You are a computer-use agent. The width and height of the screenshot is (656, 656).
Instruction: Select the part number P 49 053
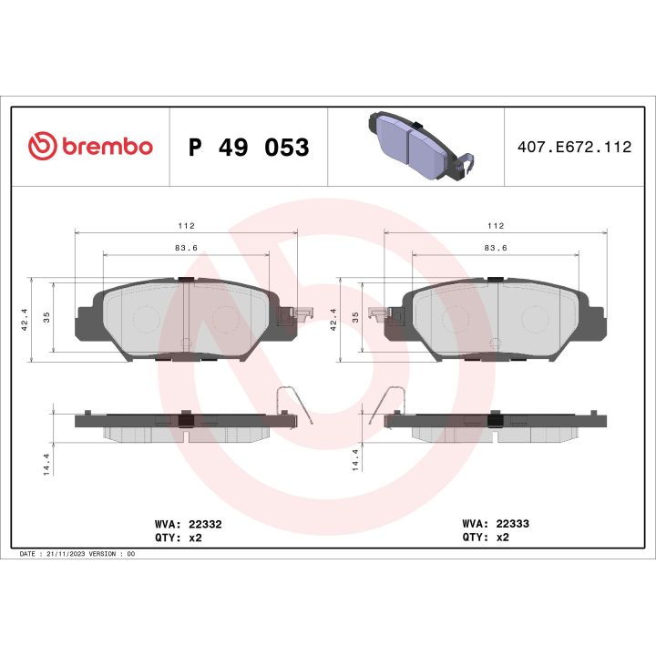[x=248, y=147]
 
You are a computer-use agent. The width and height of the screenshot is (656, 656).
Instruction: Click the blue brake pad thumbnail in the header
[x=415, y=145]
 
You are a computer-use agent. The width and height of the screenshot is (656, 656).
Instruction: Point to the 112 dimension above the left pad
[x=186, y=225]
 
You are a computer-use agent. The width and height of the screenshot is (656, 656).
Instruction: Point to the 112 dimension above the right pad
[x=496, y=225]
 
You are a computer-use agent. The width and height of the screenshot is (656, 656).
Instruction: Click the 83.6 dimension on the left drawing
[x=186, y=247]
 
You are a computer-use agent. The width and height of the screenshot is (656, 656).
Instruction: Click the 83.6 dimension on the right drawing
[x=496, y=247]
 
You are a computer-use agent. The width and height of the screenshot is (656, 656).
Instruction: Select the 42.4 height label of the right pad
[x=333, y=318]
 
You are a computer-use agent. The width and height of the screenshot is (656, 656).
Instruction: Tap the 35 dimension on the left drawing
[x=46, y=316]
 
